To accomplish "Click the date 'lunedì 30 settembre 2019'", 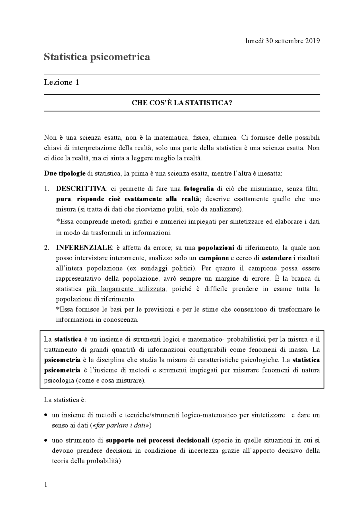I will (x=282, y=41).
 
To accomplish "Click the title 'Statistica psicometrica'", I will (x=97, y=57).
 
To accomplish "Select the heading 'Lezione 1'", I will (x=61, y=82).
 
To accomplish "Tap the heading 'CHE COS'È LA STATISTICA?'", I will (x=182, y=103).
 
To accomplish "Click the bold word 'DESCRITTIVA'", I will (x=81, y=189).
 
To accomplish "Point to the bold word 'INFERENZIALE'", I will (x=84, y=248).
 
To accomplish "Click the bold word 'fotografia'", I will (x=199, y=189).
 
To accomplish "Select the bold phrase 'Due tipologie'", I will (x=65, y=173).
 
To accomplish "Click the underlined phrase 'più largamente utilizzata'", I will (x=126, y=289).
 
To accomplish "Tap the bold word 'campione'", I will (x=214, y=258).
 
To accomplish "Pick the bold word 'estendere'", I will (x=276, y=258).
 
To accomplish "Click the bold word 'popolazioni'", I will (x=216, y=248).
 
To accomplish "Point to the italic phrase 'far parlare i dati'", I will (x=121, y=425).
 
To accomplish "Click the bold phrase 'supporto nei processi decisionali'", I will (x=158, y=440).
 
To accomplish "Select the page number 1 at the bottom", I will (x=46, y=485).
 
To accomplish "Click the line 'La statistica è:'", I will (x=65, y=400).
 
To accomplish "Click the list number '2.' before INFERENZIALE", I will (x=47, y=248).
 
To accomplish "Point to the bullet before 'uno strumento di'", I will (x=46, y=440).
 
